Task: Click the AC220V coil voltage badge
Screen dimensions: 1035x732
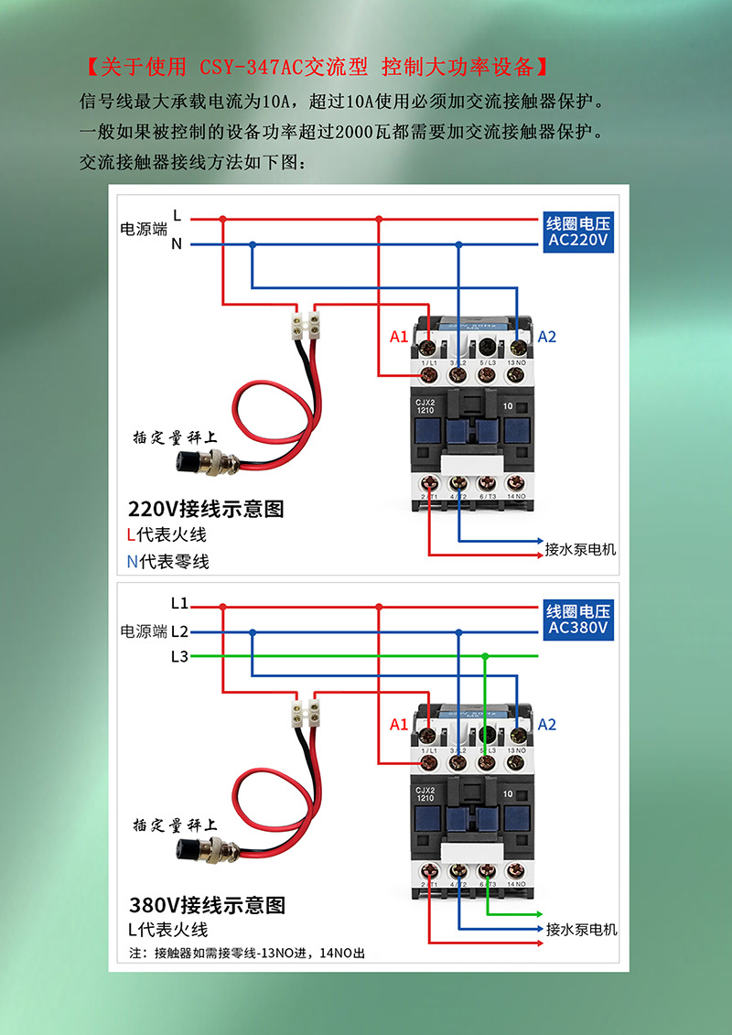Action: [x=578, y=232]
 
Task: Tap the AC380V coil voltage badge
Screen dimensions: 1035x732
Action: [x=578, y=620]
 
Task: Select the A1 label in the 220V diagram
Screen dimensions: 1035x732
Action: [x=398, y=337]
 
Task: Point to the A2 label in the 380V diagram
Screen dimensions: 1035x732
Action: [x=546, y=725]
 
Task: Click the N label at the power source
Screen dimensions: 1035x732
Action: [x=177, y=244]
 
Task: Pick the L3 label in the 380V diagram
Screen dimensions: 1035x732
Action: [x=179, y=656]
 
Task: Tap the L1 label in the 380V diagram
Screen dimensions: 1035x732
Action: [x=179, y=604]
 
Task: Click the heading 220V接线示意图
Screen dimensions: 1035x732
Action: [x=207, y=509]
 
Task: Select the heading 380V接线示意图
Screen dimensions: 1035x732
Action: [x=207, y=905]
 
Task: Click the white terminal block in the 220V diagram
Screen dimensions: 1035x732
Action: [x=305, y=324]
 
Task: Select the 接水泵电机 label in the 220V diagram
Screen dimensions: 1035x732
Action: [x=580, y=549]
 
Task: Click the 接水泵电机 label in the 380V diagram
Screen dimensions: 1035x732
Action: [x=581, y=929]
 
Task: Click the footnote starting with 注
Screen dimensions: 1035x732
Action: [x=247, y=954]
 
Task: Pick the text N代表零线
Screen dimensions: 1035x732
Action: [x=167, y=561]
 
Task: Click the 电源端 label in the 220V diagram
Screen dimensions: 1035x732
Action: [x=144, y=229]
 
